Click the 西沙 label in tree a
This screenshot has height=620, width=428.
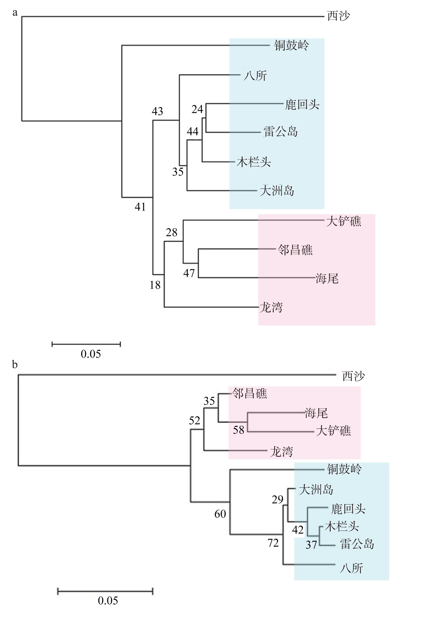(338, 16)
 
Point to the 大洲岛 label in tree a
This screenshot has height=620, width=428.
(277, 191)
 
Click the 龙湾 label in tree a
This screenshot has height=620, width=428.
(271, 307)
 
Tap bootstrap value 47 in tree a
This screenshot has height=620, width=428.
(189, 273)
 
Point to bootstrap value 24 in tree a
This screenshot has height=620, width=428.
(197, 109)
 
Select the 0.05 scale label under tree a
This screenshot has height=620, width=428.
(91, 354)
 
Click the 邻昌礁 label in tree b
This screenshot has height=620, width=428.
(250, 394)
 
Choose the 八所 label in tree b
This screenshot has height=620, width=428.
(351, 568)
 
